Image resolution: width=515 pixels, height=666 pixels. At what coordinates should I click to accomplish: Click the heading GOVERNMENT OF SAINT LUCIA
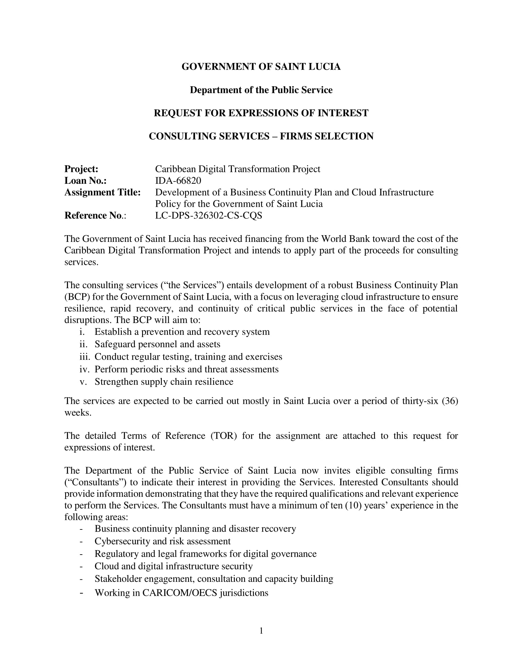click(261, 67)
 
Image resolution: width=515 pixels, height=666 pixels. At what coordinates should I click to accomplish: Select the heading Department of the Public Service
click(261, 90)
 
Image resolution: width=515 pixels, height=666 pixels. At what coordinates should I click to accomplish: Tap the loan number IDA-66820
click(178, 180)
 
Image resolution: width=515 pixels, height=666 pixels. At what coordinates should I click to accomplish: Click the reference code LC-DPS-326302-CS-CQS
click(209, 216)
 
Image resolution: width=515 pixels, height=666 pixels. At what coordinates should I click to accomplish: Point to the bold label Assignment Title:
click(102, 193)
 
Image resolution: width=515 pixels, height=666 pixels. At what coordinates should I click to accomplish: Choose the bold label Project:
click(81, 169)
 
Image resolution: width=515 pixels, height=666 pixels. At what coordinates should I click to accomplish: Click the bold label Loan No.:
click(85, 180)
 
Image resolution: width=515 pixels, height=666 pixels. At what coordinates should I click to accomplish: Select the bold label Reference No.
click(93, 216)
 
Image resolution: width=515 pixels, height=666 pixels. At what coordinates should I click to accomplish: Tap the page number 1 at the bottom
click(261, 631)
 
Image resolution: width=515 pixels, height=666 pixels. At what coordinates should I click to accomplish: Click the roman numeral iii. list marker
click(85, 357)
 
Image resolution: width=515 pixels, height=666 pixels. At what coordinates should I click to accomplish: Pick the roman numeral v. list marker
click(84, 382)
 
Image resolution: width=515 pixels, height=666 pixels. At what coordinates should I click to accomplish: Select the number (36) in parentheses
click(450, 401)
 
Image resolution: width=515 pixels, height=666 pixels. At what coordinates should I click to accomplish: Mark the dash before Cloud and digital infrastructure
click(81, 566)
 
